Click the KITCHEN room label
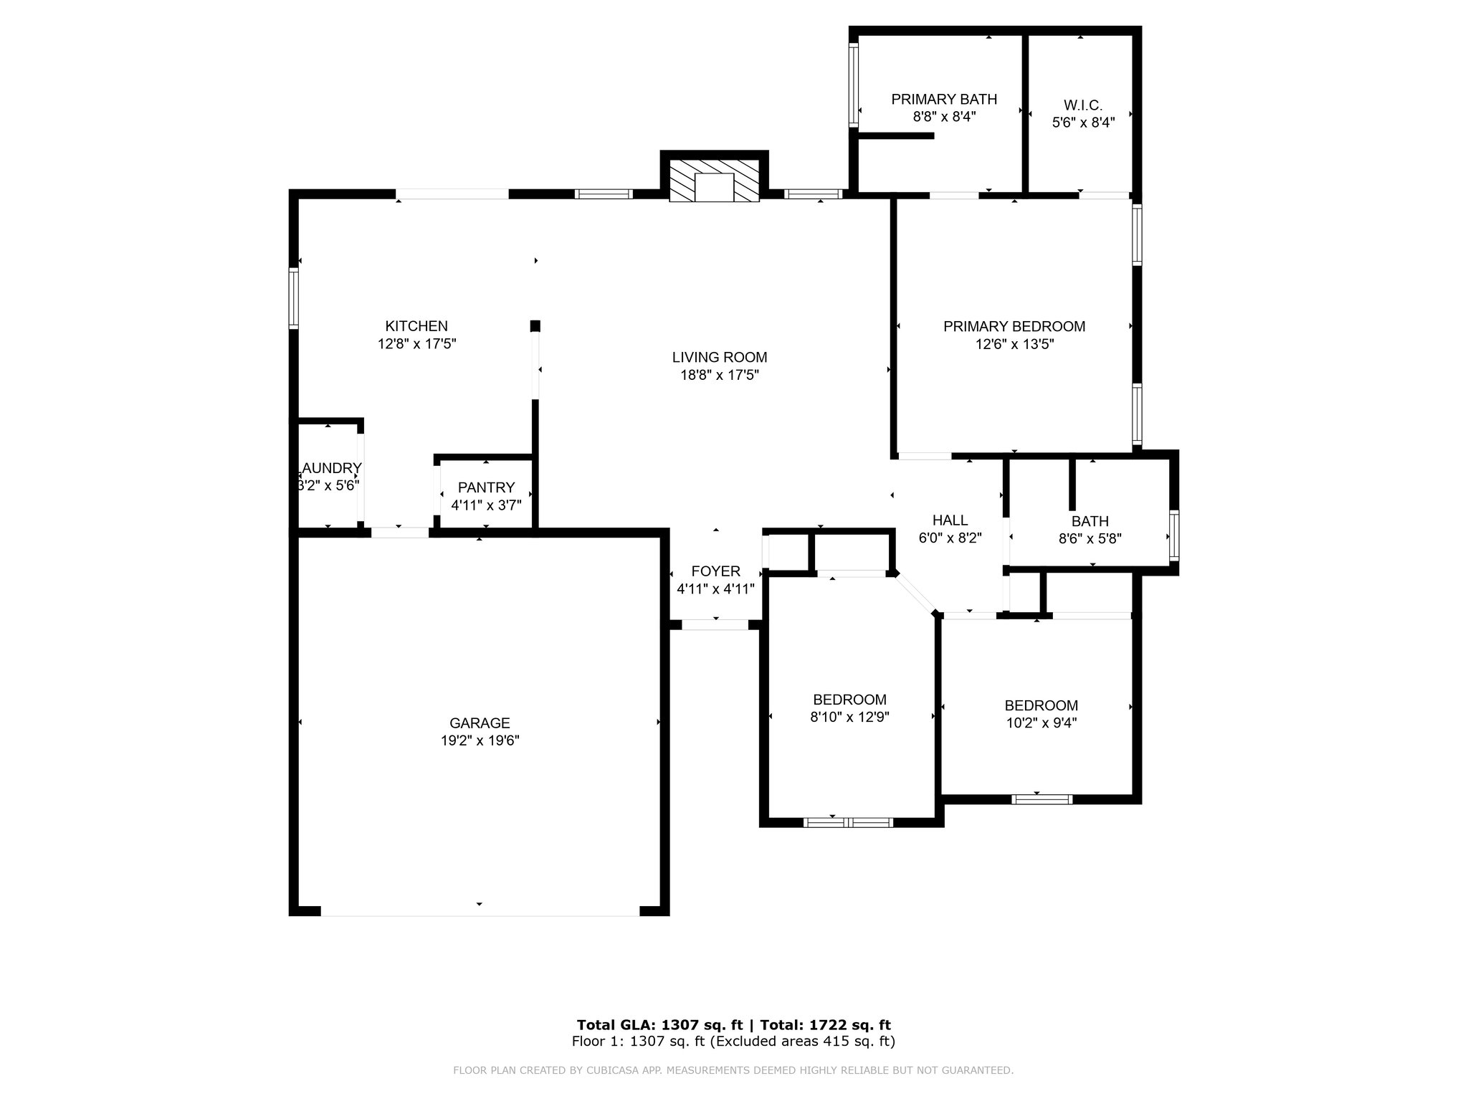416,326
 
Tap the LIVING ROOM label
720,357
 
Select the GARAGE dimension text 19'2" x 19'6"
480,740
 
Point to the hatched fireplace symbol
714,181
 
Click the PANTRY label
487,487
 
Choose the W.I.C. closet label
1083,105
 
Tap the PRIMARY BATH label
944,99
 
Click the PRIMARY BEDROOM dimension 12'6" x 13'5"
1014,344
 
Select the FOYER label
715,571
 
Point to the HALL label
950,520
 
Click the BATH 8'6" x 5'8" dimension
1090,538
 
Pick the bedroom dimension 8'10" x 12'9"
850,717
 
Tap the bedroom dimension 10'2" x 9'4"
1042,723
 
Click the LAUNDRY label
330,468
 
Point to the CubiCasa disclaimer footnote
733,1070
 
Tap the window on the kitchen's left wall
293,298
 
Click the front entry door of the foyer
715,625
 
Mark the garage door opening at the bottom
480,911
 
